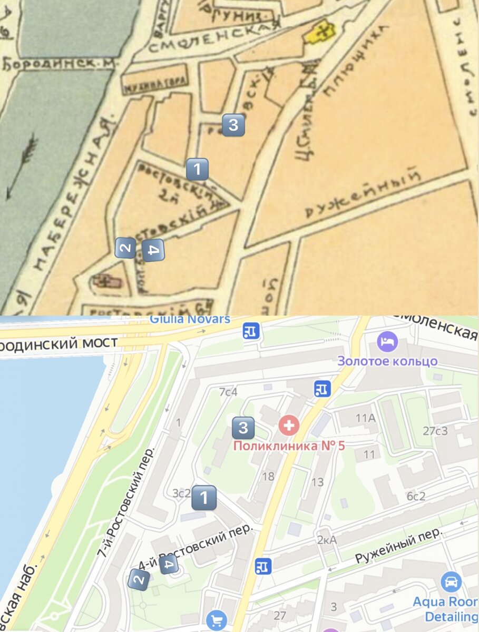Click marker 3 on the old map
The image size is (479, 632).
tap(233, 125)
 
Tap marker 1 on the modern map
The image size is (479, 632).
tap(204, 497)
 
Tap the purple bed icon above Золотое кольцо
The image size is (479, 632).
tap(388, 342)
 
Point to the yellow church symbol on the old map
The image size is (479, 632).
tap(322, 33)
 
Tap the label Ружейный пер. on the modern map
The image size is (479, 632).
tap(397, 548)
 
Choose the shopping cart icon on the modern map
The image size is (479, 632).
tap(216, 620)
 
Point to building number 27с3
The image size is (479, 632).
tap(435, 431)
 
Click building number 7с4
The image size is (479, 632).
tap(229, 392)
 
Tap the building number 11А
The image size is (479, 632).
tap(365, 419)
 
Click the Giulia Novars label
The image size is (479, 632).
tap(190, 319)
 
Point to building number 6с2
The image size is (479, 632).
tap(415, 496)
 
